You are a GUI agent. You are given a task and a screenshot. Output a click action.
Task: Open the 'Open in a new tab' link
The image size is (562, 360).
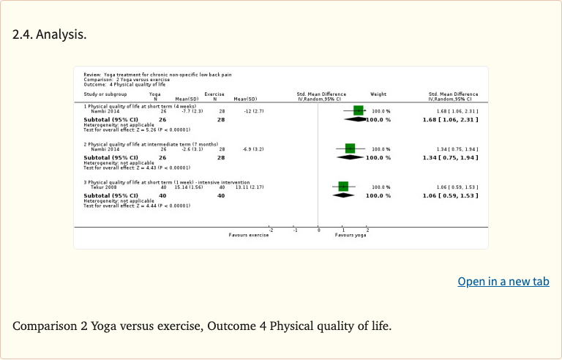(x=503, y=282)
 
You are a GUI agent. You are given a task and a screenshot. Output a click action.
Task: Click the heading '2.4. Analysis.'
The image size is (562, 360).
(x=50, y=34)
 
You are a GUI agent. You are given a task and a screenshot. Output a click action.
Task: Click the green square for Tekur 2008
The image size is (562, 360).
(x=343, y=187)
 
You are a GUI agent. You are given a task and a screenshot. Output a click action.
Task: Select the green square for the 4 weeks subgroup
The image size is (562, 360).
(x=358, y=110)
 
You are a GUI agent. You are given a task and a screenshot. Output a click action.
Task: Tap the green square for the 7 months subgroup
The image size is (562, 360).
(x=351, y=149)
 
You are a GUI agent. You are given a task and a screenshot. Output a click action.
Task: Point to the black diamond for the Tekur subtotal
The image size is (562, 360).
(x=343, y=196)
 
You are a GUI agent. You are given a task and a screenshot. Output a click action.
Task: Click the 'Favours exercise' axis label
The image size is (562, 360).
(x=249, y=235)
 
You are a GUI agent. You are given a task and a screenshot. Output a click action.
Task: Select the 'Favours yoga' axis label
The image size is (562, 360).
(x=351, y=235)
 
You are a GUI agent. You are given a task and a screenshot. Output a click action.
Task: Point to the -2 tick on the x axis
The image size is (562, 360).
(x=271, y=230)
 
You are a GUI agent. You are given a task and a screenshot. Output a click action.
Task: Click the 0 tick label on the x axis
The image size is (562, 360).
(x=318, y=230)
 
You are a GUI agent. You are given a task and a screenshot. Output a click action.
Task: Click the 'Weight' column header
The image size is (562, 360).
(x=378, y=94)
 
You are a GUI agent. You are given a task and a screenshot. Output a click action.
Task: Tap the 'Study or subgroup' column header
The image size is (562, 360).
(x=105, y=94)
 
